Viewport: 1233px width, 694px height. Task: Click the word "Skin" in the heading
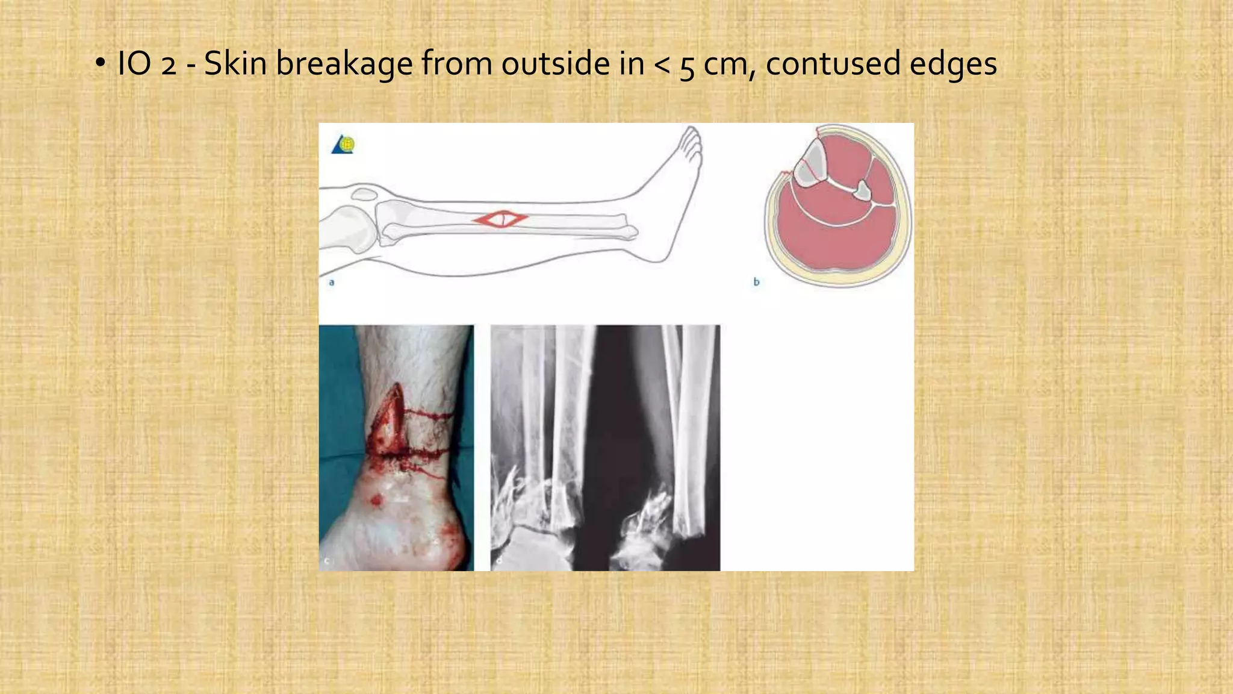click(235, 63)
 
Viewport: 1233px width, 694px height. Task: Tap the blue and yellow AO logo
click(343, 145)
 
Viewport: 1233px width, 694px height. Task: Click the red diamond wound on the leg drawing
click(500, 219)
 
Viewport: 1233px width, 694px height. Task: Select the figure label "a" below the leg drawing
click(332, 282)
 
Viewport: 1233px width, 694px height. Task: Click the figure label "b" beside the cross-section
click(756, 281)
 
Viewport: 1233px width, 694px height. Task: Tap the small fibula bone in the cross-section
click(863, 190)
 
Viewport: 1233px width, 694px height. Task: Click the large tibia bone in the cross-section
click(808, 163)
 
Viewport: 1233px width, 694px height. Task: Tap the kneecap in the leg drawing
click(364, 194)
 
